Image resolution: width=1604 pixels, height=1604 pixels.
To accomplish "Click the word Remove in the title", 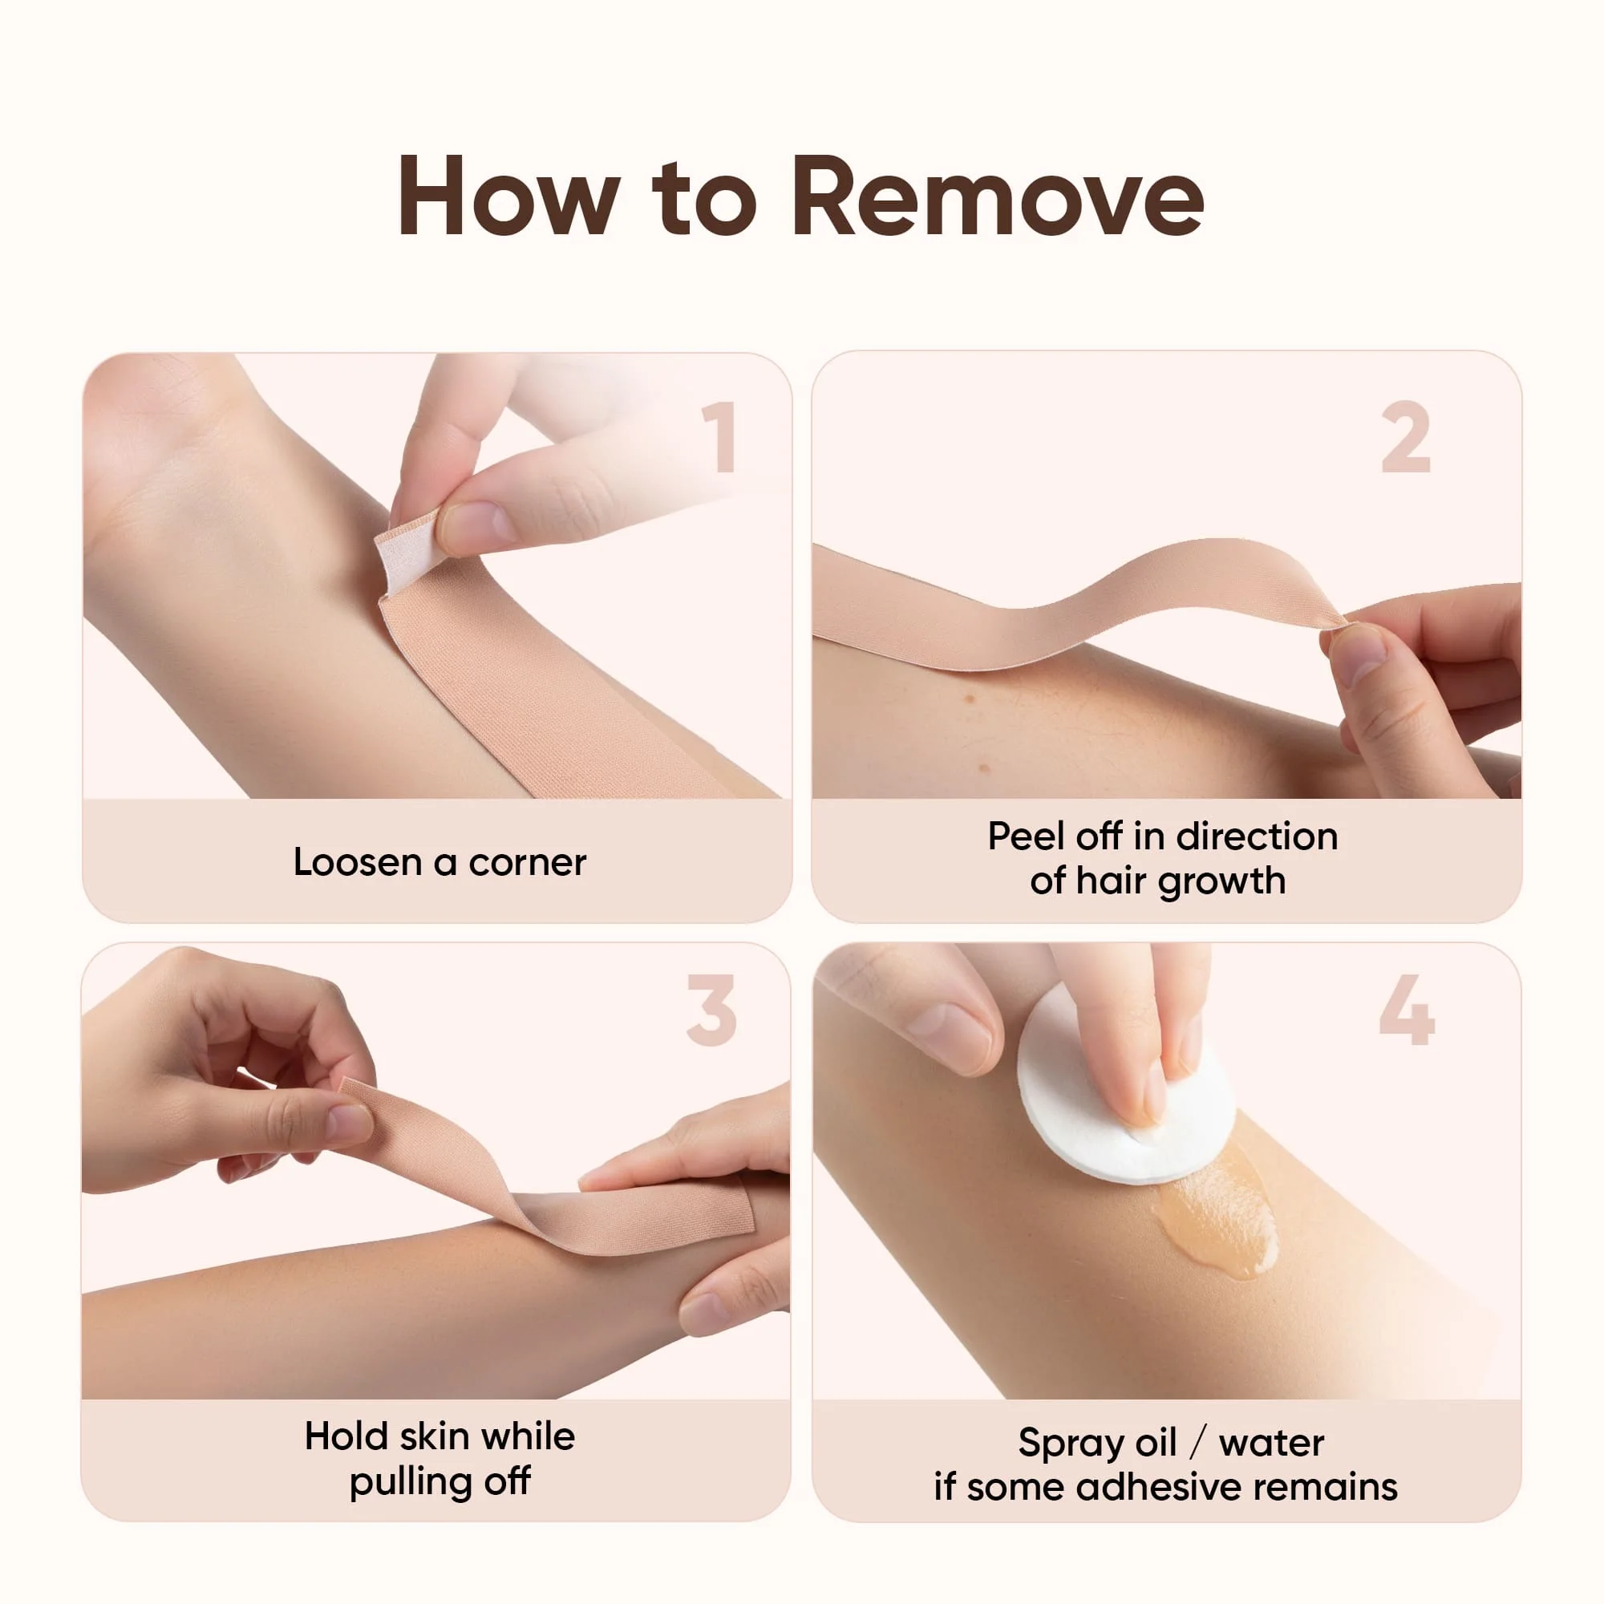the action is pos(997,196).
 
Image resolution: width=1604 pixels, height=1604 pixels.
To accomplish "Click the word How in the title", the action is pos(509,196).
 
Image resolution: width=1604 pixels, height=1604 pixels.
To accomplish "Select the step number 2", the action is pos(1406,437).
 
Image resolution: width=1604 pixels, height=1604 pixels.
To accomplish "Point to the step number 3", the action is pos(711,1011).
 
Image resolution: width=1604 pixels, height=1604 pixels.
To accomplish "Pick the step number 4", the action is pos(1407,1010).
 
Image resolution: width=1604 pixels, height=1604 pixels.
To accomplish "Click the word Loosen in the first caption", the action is pos(358,862).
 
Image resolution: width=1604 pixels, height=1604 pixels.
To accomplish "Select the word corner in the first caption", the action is pos(527,864).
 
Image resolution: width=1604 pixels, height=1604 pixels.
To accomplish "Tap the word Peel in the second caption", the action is pos(1027,836).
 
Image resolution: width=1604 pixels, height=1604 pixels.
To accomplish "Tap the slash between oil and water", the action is pos(1197,1443).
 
